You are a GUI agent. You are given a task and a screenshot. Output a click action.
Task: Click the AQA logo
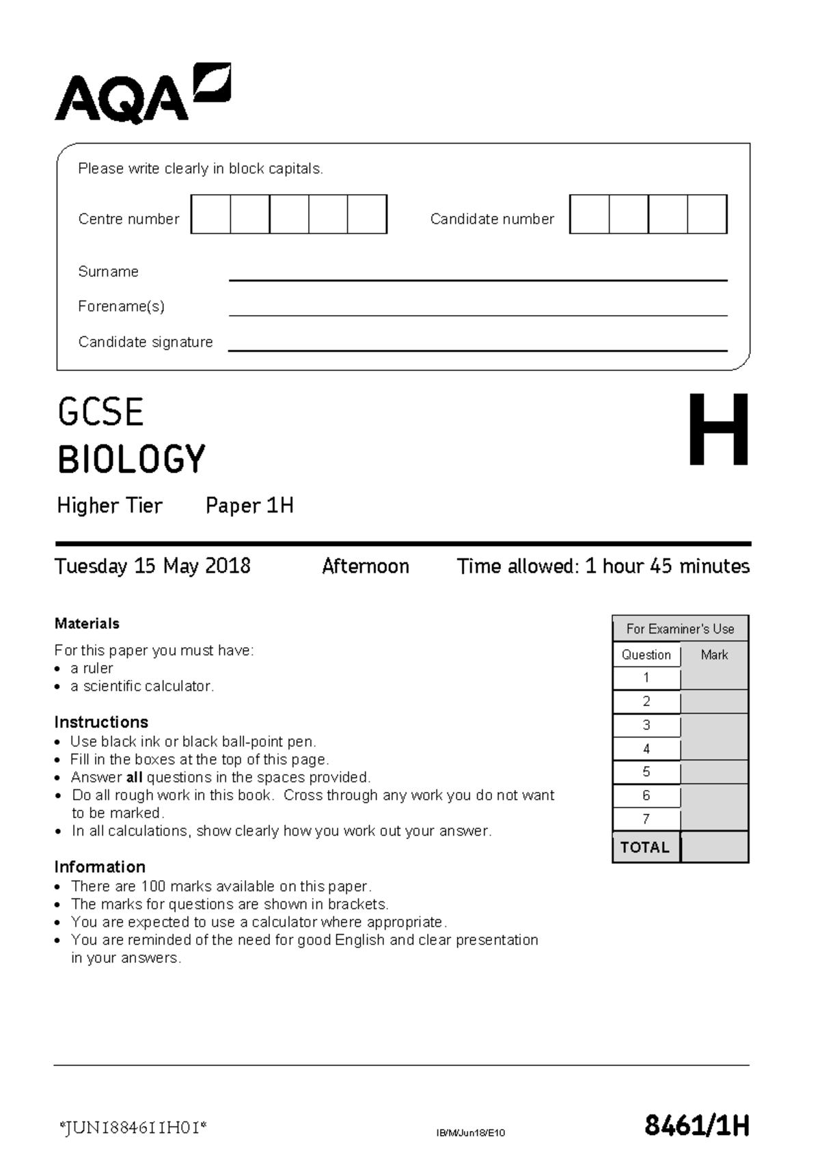coord(142,94)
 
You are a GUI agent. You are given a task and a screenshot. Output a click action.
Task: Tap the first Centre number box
coord(210,215)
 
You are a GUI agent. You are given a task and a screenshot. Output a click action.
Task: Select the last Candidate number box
coord(707,215)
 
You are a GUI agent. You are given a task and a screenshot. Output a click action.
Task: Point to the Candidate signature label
coord(146,342)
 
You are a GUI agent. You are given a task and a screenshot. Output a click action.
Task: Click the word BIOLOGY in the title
coord(131,459)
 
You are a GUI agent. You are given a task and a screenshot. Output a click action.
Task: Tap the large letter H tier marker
coord(717,431)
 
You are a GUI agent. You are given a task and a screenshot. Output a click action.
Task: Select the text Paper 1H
coord(249,506)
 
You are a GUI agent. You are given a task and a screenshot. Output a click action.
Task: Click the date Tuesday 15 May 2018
coord(152,567)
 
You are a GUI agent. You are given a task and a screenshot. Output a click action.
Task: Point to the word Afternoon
coord(366,567)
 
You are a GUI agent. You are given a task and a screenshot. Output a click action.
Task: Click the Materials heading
coord(87,623)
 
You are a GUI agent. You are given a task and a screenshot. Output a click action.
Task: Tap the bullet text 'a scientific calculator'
coord(142,686)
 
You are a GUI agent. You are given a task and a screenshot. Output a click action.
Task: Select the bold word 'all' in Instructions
coord(135,778)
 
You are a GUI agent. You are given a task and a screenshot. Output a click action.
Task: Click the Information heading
coord(100,867)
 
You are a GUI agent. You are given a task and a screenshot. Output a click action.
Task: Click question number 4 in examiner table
coord(646,749)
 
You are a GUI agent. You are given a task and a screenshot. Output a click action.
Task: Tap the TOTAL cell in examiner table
coord(645,847)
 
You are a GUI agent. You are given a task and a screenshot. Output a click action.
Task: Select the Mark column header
coord(714,655)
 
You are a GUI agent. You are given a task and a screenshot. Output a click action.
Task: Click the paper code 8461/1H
coord(696,1126)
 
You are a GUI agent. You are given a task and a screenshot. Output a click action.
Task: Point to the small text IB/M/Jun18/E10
coord(471,1133)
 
